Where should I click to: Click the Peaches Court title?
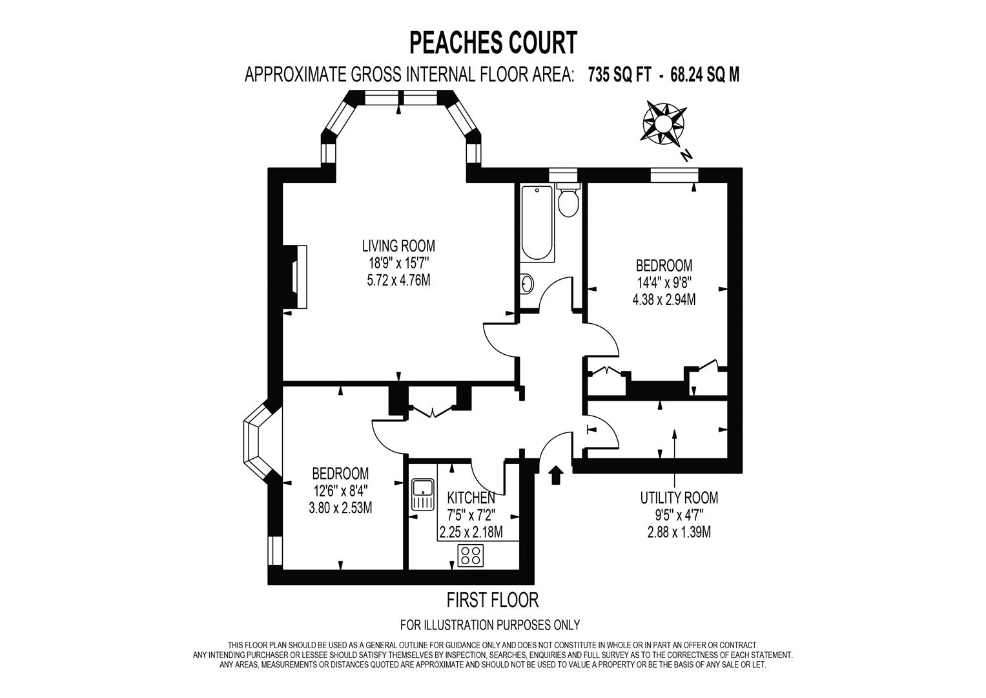493,43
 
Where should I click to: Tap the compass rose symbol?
664,123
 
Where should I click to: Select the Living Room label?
398,246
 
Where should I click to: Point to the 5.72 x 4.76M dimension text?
398,280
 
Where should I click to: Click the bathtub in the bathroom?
537,224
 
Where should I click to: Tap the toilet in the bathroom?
568,201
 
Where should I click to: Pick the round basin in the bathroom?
527,283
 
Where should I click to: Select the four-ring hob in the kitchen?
471,556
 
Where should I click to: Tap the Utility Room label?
679,498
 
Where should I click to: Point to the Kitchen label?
471,498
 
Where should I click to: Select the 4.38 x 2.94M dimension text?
664,300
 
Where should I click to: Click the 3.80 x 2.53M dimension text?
340,508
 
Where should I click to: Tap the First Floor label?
493,600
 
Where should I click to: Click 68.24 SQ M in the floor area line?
704,76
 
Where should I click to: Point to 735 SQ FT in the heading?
619,76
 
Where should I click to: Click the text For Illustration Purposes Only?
490,625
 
